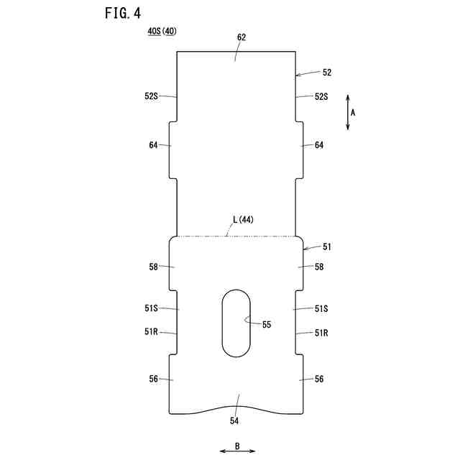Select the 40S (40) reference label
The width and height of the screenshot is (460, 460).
(x=162, y=32)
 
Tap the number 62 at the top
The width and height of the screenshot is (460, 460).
(x=241, y=37)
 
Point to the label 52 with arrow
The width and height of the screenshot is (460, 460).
(x=327, y=73)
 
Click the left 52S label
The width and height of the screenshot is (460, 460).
(x=152, y=96)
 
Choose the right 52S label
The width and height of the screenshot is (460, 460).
(x=321, y=96)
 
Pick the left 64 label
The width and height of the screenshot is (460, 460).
(x=154, y=145)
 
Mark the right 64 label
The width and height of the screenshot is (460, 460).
(x=319, y=145)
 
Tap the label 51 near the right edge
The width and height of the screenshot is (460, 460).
(x=327, y=247)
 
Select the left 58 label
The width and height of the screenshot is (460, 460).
(x=154, y=267)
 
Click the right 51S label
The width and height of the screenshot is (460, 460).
(x=321, y=308)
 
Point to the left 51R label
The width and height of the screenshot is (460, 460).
(x=151, y=332)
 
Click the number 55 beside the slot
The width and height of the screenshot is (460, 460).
(x=267, y=324)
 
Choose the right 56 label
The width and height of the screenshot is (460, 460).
(x=319, y=379)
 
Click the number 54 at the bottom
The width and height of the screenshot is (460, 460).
(x=234, y=420)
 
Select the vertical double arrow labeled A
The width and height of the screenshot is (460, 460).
(x=348, y=112)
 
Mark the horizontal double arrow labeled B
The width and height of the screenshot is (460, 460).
(x=237, y=451)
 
